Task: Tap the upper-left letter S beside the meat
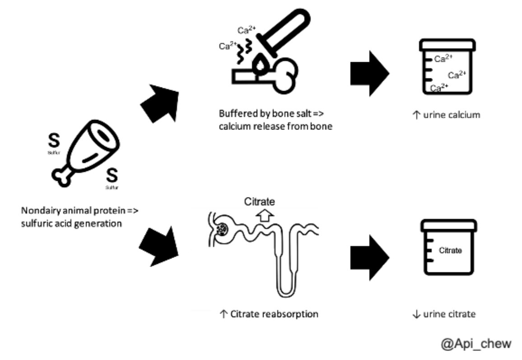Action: pyautogui.click(x=54, y=141)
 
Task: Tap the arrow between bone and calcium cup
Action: pyautogui.click(x=369, y=74)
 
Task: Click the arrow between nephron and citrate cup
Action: pyautogui.click(x=369, y=258)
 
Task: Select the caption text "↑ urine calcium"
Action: pyautogui.click(x=447, y=115)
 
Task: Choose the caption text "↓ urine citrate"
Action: pyautogui.click(x=444, y=314)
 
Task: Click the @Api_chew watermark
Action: pyautogui.click(x=476, y=343)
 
